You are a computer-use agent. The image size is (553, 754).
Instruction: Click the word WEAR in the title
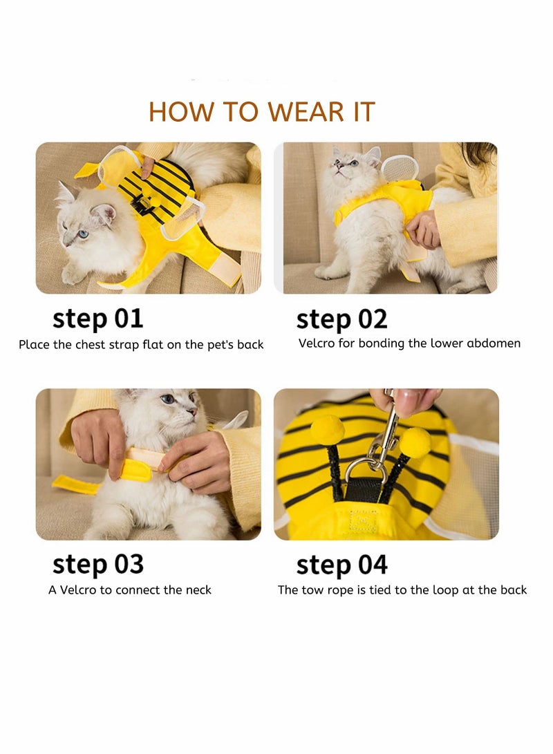306,111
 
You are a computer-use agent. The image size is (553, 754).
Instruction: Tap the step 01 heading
98,319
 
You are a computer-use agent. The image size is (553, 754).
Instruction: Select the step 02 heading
342,320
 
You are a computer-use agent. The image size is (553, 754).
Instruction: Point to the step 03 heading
98,565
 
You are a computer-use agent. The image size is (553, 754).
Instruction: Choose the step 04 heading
342,565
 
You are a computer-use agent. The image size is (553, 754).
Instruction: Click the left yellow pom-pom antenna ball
328,429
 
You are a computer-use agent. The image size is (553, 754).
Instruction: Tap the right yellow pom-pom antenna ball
415,442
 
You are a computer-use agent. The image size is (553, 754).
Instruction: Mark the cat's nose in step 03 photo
192,412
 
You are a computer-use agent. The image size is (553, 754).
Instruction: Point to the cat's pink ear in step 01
104,214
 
